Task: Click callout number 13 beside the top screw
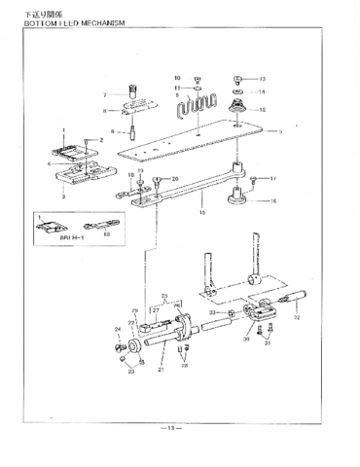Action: [262, 78]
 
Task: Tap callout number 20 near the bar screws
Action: [175, 180]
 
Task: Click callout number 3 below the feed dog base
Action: [64, 197]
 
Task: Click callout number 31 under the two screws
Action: [270, 343]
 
